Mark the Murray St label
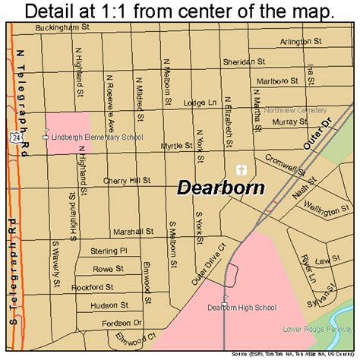[x=289, y=121]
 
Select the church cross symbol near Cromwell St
[x=241, y=170]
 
